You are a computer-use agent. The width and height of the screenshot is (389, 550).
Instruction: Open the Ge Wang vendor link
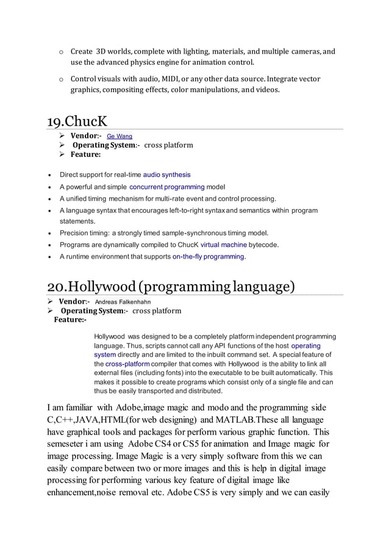pyautogui.click(x=120, y=137)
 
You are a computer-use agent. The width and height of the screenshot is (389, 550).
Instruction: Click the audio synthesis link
pyautogui.click(x=166, y=175)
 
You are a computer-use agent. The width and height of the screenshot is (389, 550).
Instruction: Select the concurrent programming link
pyautogui.click(x=166, y=187)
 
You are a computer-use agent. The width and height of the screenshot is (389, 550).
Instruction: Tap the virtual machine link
pyautogui.click(x=224, y=245)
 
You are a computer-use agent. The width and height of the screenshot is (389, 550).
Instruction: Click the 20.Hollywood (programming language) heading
pyautogui.click(x=171, y=286)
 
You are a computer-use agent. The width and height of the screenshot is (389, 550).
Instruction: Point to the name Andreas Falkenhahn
pyautogui.click(x=123, y=302)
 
